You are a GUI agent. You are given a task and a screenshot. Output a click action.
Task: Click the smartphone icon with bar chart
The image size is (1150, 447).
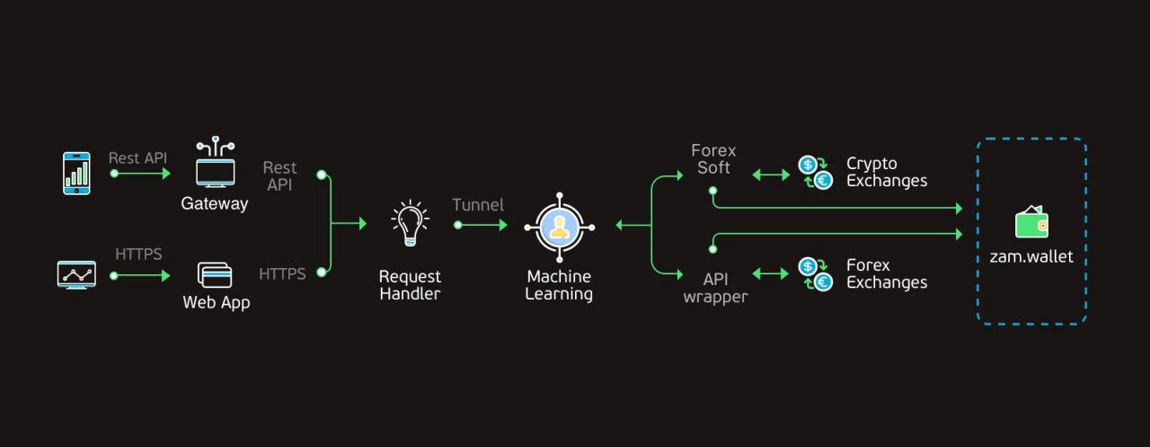click(x=76, y=172)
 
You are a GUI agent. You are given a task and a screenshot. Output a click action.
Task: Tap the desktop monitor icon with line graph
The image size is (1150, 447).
click(x=76, y=274)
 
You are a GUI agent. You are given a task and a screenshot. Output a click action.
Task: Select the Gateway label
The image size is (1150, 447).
click(x=215, y=204)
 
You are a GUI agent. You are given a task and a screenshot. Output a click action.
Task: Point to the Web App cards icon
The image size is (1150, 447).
click(x=215, y=274)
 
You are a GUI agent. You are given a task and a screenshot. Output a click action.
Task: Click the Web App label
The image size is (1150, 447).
click(x=217, y=303)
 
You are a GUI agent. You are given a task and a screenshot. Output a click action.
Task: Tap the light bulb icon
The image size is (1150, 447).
click(x=410, y=225)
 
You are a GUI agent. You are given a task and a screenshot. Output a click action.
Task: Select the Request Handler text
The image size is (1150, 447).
click(x=410, y=285)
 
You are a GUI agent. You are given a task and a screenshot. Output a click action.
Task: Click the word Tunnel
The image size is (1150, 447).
click(x=478, y=205)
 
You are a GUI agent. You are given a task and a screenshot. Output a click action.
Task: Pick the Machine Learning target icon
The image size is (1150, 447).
click(x=560, y=226)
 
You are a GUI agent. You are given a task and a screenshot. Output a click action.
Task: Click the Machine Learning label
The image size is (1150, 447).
click(x=560, y=285)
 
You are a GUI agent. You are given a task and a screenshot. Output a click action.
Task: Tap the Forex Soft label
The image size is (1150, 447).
click(x=713, y=159)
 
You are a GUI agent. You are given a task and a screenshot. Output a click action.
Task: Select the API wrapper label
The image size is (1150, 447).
click(x=715, y=288)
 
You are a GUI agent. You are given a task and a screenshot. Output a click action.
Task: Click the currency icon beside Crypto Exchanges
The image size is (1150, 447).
click(x=815, y=172)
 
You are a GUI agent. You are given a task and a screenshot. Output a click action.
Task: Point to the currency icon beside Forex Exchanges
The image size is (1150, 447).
click(x=815, y=273)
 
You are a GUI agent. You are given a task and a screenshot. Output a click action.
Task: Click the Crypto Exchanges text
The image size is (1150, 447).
click(x=886, y=172)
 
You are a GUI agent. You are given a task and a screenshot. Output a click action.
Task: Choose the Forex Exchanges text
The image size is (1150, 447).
click(x=886, y=273)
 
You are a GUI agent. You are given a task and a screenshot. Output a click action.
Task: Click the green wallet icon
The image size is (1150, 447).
click(x=1031, y=222)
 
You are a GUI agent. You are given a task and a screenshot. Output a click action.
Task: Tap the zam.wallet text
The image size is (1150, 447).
click(x=1031, y=257)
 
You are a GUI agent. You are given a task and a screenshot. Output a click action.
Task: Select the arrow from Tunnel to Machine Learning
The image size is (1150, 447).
click(x=483, y=225)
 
